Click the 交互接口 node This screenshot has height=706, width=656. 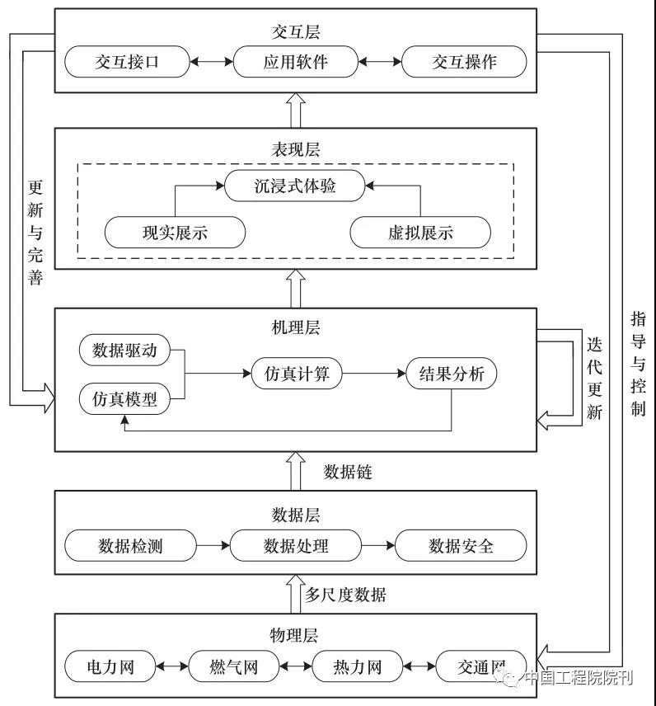[x=127, y=62]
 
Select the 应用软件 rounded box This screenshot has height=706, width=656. [x=295, y=62]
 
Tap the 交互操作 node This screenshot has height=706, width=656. [x=464, y=62]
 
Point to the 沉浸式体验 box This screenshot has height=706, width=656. [x=295, y=186]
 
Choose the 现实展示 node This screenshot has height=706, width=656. [x=175, y=233]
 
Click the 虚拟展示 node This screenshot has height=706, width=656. [x=420, y=233]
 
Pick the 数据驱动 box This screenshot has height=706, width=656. [x=124, y=350]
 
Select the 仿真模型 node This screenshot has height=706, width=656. [x=124, y=398]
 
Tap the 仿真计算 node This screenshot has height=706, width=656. [x=297, y=374]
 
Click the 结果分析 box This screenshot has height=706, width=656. [x=452, y=374]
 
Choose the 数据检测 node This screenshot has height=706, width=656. [x=130, y=545]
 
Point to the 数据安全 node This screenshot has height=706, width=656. [x=461, y=545]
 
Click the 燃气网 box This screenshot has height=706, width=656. [x=234, y=666]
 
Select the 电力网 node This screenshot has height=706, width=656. [x=110, y=666]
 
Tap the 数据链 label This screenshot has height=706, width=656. [x=348, y=472]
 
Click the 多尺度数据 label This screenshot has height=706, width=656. [x=345, y=595]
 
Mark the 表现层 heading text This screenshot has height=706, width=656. [x=296, y=149]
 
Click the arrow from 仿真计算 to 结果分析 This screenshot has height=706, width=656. [x=374, y=374]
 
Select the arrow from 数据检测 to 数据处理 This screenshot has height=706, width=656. [x=213, y=545]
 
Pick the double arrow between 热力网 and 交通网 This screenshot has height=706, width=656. [x=419, y=666]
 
